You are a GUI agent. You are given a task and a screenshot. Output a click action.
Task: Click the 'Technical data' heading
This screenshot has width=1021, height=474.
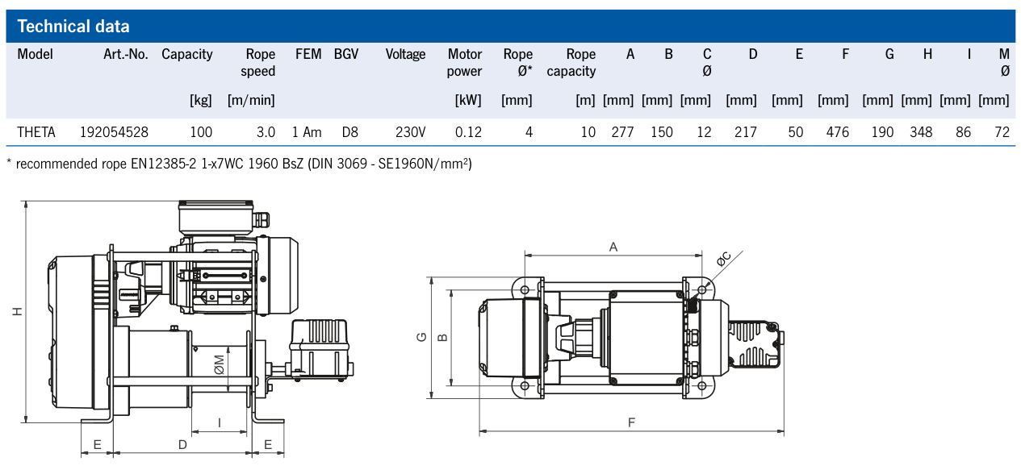pyautogui.click(x=73, y=27)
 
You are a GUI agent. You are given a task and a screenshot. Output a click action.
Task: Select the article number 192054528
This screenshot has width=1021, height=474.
pyautogui.click(x=114, y=131)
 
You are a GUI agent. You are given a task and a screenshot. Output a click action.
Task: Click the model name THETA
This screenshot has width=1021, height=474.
pyautogui.click(x=36, y=131)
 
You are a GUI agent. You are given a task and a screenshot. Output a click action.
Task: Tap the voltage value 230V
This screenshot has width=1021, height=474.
pyautogui.click(x=410, y=131)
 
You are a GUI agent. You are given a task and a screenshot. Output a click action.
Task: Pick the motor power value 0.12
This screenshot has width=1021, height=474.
pyautogui.click(x=468, y=131)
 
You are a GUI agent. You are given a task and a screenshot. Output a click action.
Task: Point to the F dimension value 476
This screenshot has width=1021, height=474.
pyautogui.click(x=838, y=131)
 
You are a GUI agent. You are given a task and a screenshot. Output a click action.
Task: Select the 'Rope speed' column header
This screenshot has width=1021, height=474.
pyautogui.click(x=258, y=63)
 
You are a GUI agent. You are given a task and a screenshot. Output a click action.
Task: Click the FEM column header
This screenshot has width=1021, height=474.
pyautogui.click(x=308, y=55)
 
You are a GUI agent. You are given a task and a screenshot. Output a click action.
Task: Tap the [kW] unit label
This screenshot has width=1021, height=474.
pyautogui.click(x=468, y=101)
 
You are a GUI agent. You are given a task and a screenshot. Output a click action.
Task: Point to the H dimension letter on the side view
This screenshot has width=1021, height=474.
pyautogui.click(x=17, y=311)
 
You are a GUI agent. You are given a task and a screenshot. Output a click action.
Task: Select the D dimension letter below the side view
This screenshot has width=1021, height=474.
pyautogui.click(x=182, y=444)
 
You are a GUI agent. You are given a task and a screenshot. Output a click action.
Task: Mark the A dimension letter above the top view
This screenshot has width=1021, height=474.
pyautogui.click(x=613, y=247)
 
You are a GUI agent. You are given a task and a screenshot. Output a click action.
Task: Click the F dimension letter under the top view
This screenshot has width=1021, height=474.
pyautogui.click(x=632, y=422)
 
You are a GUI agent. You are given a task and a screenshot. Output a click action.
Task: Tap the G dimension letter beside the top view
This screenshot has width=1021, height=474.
pyautogui.click(x=421, y=338)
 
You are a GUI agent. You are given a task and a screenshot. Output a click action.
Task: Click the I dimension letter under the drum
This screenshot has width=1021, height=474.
pyautogui.click(x=220, y=422)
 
